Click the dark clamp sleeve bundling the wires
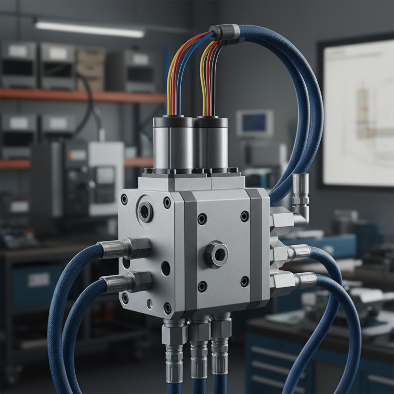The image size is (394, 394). point(224,33)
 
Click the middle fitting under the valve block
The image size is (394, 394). point(199,345)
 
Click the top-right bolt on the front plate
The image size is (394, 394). point(245,217)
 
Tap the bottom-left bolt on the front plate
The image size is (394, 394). point(202,286)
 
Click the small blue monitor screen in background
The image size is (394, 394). point(254,123)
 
